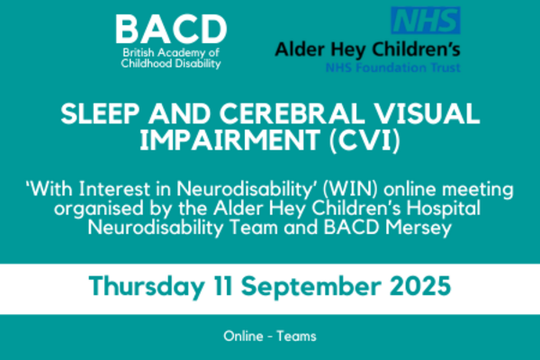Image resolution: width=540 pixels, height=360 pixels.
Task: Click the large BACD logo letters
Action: point(171,30)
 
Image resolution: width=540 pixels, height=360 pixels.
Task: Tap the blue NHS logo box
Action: point(426,21)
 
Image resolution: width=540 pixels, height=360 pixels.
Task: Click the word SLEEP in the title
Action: point(100,113)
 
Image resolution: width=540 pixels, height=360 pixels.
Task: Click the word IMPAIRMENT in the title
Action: point(230,140)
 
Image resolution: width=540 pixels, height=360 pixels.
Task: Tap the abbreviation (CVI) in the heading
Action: point(364,140)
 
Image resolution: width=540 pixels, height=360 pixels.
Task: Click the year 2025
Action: point(420,286)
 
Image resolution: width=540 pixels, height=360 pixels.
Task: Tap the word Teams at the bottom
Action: point(296,336)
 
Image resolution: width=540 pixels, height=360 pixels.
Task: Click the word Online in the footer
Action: point(243,336)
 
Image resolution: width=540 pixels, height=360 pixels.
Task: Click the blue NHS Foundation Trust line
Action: point(393,67)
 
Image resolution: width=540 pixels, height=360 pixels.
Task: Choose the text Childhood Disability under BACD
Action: point(171,64)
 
